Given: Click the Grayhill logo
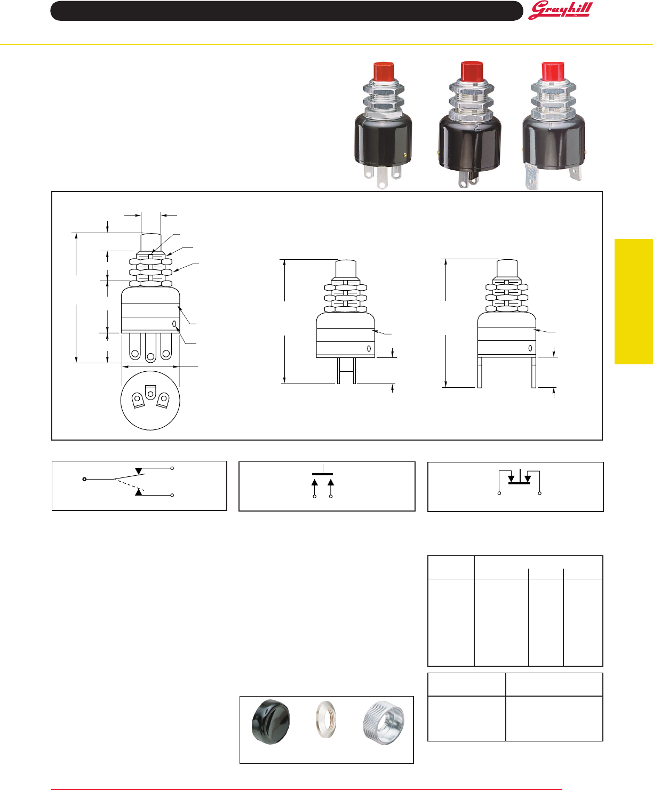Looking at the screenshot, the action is point(560,11).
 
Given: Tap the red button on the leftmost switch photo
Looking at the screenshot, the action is point(383,71).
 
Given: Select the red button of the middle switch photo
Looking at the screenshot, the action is point(472,70).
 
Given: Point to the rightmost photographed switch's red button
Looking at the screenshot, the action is point(553,71).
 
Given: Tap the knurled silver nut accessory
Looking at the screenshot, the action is point(383,722).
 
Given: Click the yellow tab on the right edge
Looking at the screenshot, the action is point(634,301).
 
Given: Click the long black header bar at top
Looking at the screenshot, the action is point(286,11).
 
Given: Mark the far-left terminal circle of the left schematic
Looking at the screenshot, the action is point(84,479).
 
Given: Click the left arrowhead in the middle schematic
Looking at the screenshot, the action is point(315,482).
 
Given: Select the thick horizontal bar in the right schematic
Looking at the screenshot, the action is point(519,483).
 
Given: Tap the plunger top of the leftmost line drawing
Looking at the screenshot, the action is point(150,240).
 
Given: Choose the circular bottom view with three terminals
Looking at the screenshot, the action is point(150,400).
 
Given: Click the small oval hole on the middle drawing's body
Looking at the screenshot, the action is point(369,348).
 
